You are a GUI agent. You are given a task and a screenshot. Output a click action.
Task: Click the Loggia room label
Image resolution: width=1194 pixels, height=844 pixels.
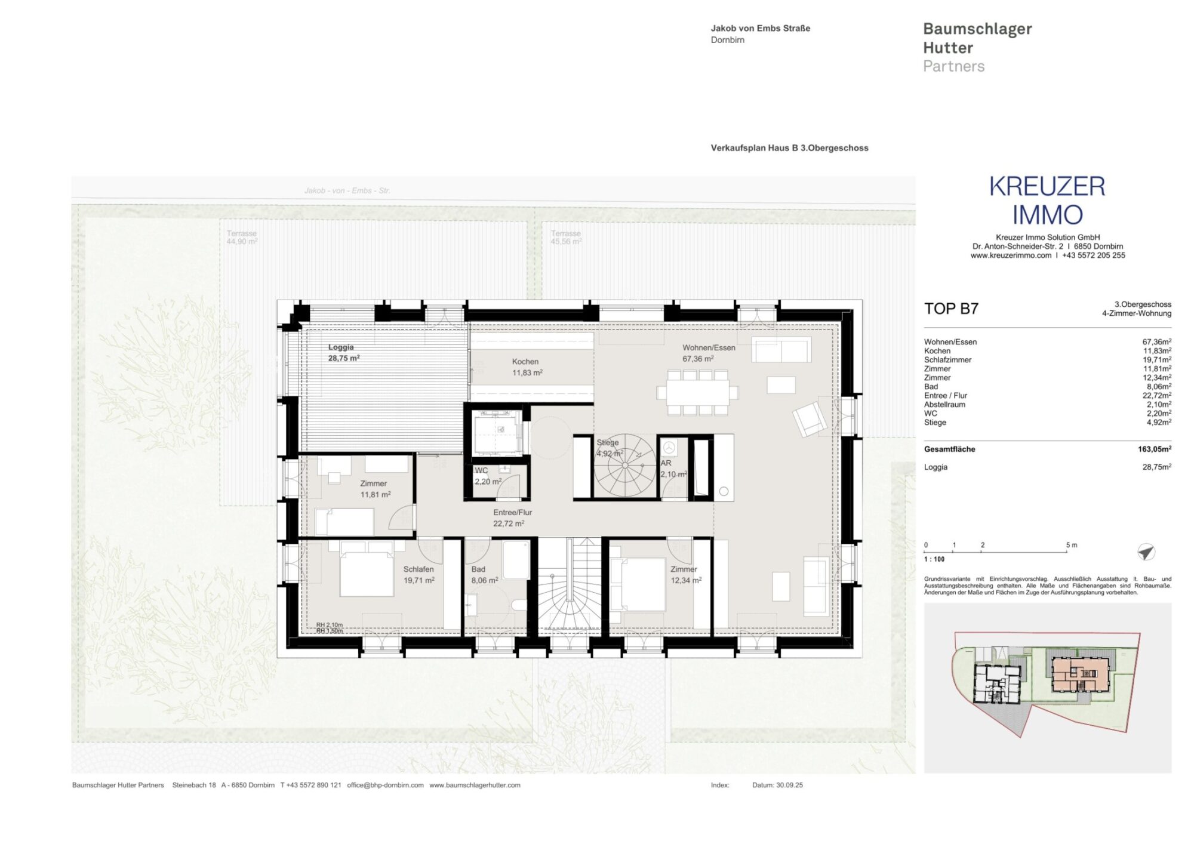click(x=343, y=353)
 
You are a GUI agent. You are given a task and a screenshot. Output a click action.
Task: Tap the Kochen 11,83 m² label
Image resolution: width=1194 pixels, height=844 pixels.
click(x=527, y=367)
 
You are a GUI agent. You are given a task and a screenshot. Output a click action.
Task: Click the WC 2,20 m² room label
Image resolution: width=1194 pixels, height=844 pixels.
click(x=487, y=476)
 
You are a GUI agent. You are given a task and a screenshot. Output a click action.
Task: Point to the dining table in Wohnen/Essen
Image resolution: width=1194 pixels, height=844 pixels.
click(x=697, y=393)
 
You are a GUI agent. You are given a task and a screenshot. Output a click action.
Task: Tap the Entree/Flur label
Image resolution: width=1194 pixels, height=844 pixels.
click(x=512, y=518)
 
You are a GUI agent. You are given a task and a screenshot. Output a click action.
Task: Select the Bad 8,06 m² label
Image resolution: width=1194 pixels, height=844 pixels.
click(x=484, y=575)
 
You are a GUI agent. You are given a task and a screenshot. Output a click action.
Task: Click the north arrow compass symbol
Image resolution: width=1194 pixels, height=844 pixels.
click(x=1146, y=552)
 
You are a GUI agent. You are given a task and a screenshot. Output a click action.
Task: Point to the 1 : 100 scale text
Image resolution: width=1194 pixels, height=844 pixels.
click(x=934, y=559)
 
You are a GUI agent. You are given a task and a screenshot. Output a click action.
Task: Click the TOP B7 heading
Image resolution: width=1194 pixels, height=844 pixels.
click(x=951, y=309)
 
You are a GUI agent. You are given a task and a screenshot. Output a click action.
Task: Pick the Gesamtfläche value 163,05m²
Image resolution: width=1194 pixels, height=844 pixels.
click(x=1153, y=449)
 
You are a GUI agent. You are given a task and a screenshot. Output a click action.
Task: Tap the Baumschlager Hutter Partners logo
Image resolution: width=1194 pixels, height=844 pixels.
click(x=977, y=48)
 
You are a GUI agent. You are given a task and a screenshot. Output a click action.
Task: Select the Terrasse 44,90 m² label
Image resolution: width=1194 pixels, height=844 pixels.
click(x=242, y=238)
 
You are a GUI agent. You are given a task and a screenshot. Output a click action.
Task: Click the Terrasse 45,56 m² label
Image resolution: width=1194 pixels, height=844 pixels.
click(x=565, y=238)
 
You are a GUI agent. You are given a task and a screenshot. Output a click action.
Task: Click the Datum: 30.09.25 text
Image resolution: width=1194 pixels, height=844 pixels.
click(x=777, y=785)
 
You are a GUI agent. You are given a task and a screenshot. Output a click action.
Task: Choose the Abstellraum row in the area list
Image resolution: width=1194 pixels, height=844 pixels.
click(x=1047, y=405)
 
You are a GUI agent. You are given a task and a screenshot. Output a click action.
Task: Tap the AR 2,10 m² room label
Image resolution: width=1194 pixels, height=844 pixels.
click(x=673, y=469)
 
